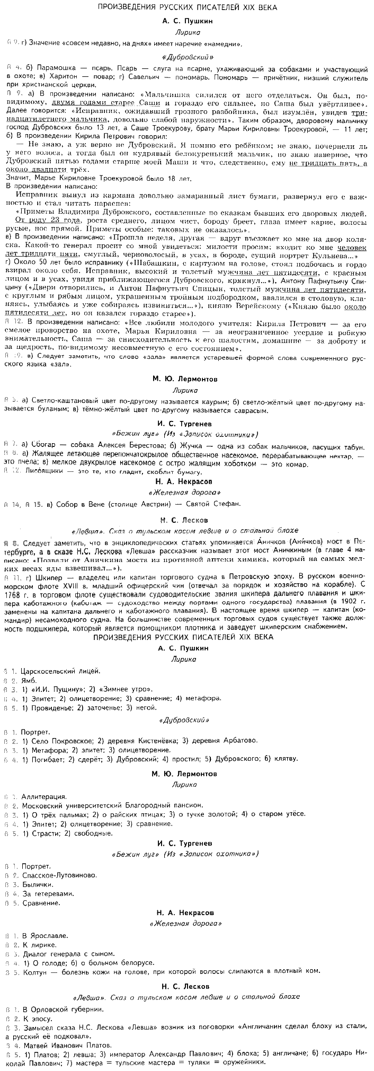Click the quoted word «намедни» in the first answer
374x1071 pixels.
(224, 43)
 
